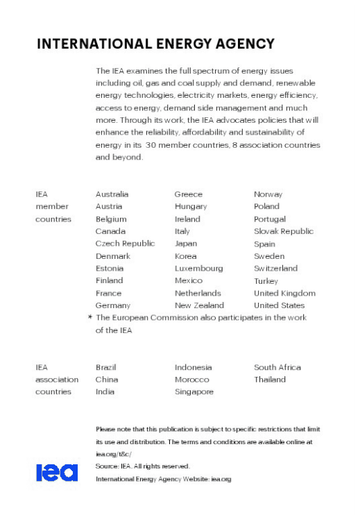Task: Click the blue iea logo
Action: tap(57, 473)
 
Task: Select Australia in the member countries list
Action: tap(112, 194)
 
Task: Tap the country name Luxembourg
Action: tap(198, 268)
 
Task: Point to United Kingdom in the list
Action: tap(284, 293)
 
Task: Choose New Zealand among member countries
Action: tap(199, 305)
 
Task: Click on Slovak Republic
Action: tap(284, 231)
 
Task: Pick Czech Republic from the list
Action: tap(125, 244)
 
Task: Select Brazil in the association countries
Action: tap(107, 367)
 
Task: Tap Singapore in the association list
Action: tap(194, 391)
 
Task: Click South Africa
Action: tap(277, 367)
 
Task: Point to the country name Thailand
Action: tap(270, 380)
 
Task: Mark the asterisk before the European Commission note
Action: tap(90, 318)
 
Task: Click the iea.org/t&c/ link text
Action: tap(113, 454)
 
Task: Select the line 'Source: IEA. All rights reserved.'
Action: tap(142, 466)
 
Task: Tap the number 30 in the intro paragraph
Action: tap(152, 145)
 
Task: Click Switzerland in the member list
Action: tap(275, 268)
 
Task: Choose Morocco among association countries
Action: tap(191, 380)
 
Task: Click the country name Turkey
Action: tap(266, 280)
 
